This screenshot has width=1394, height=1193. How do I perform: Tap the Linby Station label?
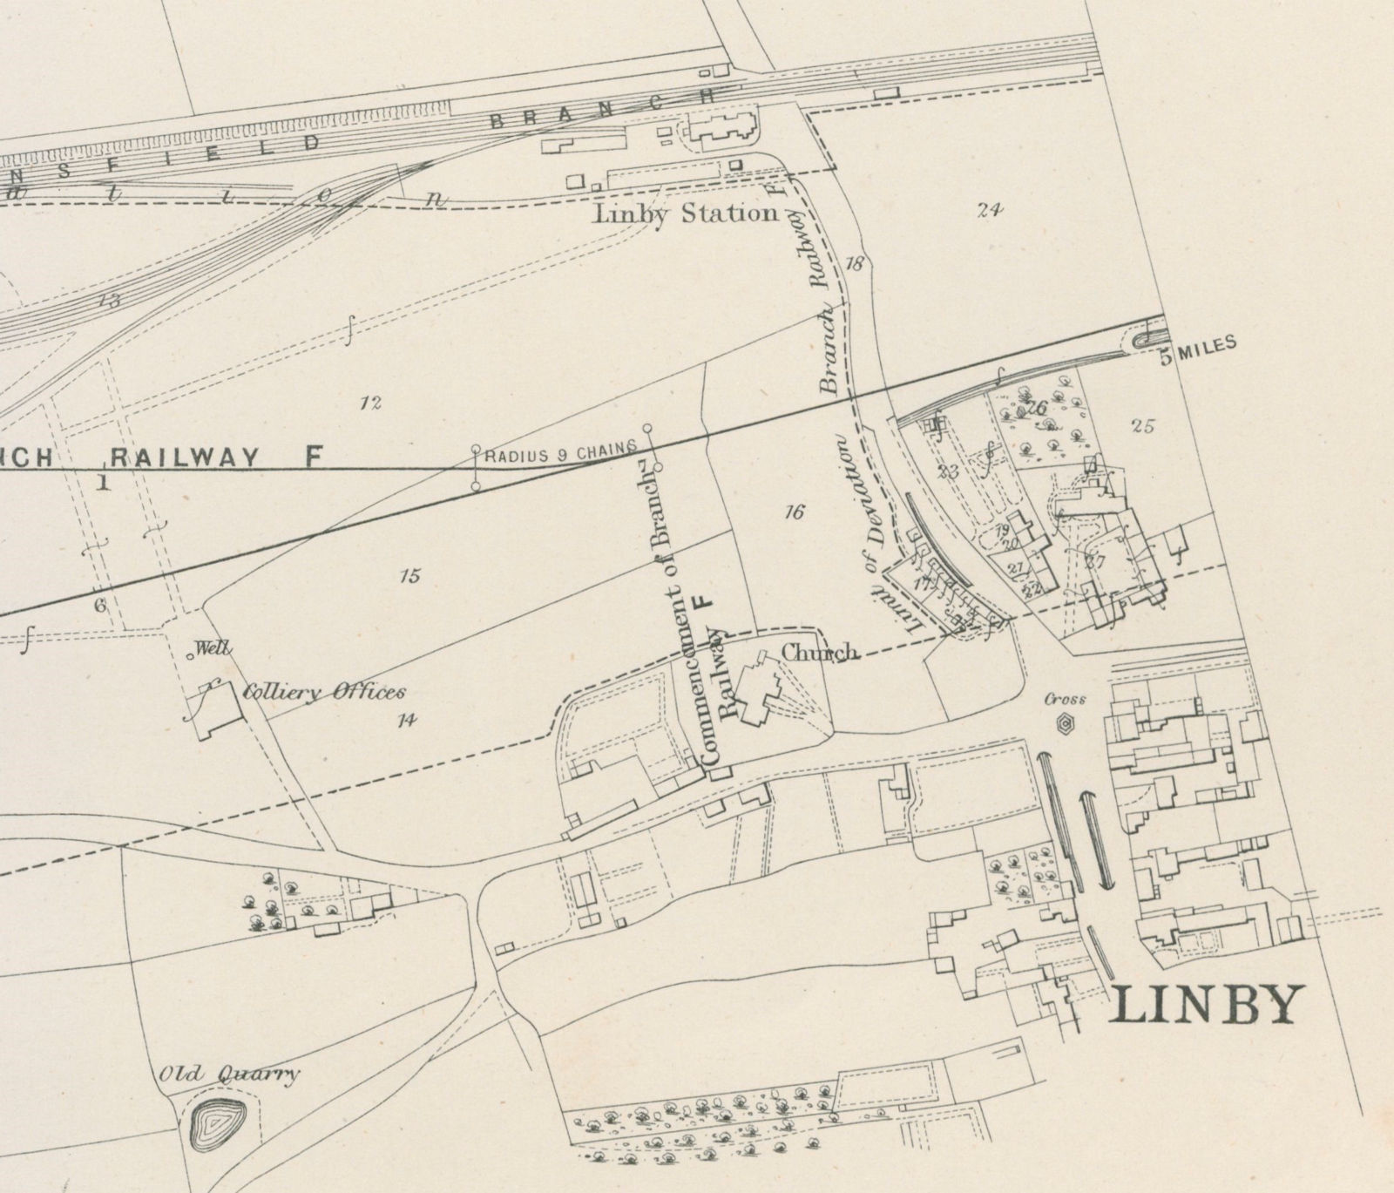coord(685,214)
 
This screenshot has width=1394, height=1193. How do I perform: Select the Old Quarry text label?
coord(227,1074)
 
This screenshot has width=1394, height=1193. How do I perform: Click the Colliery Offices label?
coord(323,693)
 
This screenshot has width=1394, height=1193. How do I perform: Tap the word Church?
coord(819,652)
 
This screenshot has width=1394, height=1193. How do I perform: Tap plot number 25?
coord(1142,426)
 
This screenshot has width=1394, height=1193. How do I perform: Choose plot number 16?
coord(793,512)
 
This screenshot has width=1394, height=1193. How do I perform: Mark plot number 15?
coord(409,575)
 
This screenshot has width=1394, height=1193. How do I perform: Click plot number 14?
coord(406,719)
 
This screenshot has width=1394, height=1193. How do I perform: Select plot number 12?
coord(371,403)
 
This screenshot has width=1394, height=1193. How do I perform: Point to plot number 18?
coord(854,263)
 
